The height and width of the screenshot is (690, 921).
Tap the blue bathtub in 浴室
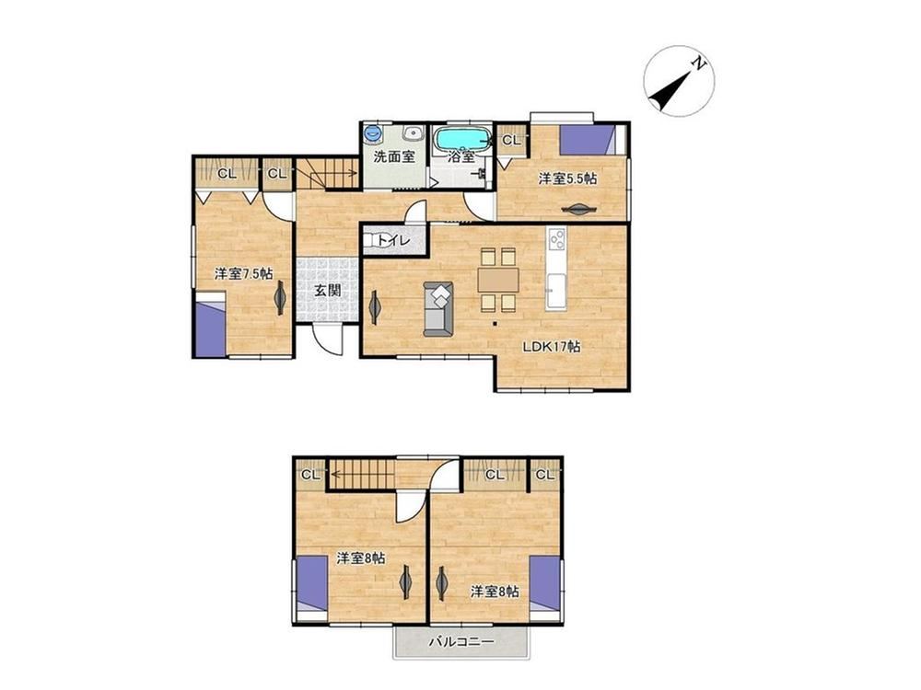tap(461, 140)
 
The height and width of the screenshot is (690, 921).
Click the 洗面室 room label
tap(395, 156)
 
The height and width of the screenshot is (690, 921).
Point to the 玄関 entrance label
tap(327, 290)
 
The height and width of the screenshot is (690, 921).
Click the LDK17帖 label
tap(552, 347)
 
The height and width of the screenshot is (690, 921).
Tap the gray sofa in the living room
tap(438, 309)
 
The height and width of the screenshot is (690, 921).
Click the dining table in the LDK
tap(498, 280)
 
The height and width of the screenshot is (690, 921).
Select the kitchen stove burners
tap(556, 239)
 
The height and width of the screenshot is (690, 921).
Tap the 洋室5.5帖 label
tap(567, 178)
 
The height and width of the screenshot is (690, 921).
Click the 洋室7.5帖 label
tap(243, 273)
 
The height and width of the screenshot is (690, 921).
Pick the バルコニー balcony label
tap(461, 642)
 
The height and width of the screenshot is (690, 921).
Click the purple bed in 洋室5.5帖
tap(589, 140)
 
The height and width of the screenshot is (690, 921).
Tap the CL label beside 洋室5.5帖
tap(511, 141)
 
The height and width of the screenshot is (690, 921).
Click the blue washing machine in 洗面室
tap(372, 133)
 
